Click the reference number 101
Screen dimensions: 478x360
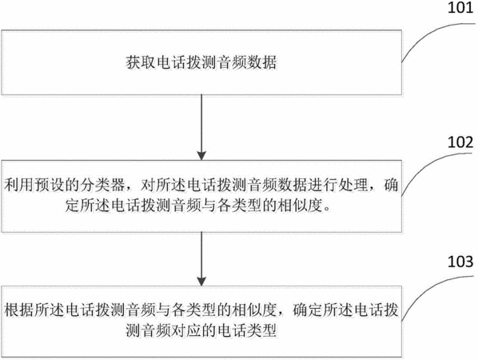pyautogui.click(x=460, y=7)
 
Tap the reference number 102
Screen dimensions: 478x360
pyautogui.click(x=460, y=142)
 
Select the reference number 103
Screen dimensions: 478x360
pyautogui.click(x=460, y=262)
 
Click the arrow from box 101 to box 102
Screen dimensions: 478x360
pyautogui.click(x=201, y=127)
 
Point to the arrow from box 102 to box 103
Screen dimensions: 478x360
pyautogui.click(x=201, y=258)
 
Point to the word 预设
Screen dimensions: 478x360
pyautogui.click(x=50, y=185)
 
